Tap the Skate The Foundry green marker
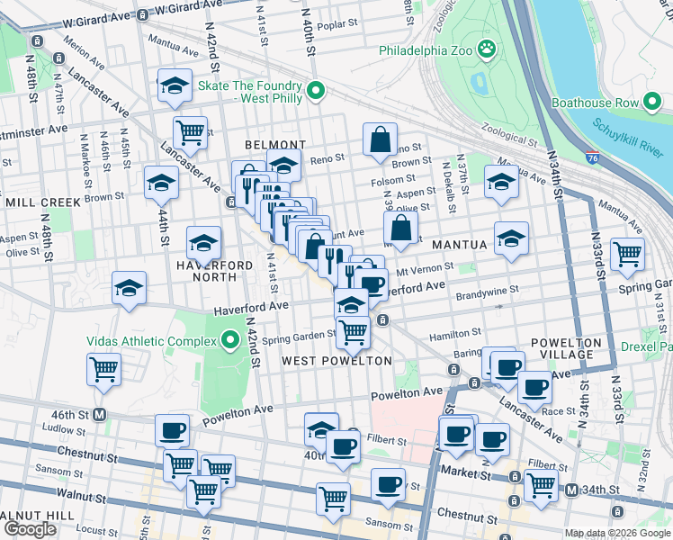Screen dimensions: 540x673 click(x=316, y=91)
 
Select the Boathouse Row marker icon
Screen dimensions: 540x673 click(x=655, y=103)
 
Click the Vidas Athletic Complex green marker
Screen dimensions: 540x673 click(x=229, y=341)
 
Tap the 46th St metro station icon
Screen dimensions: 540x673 click(x=100, y=414)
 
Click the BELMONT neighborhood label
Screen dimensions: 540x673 click(x=275, y=145)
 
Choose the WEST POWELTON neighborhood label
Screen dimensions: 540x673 click(x=337, y=361)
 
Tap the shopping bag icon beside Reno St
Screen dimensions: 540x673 click(x=381, y=139)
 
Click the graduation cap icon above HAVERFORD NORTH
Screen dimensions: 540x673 click(x=204, y=242)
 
